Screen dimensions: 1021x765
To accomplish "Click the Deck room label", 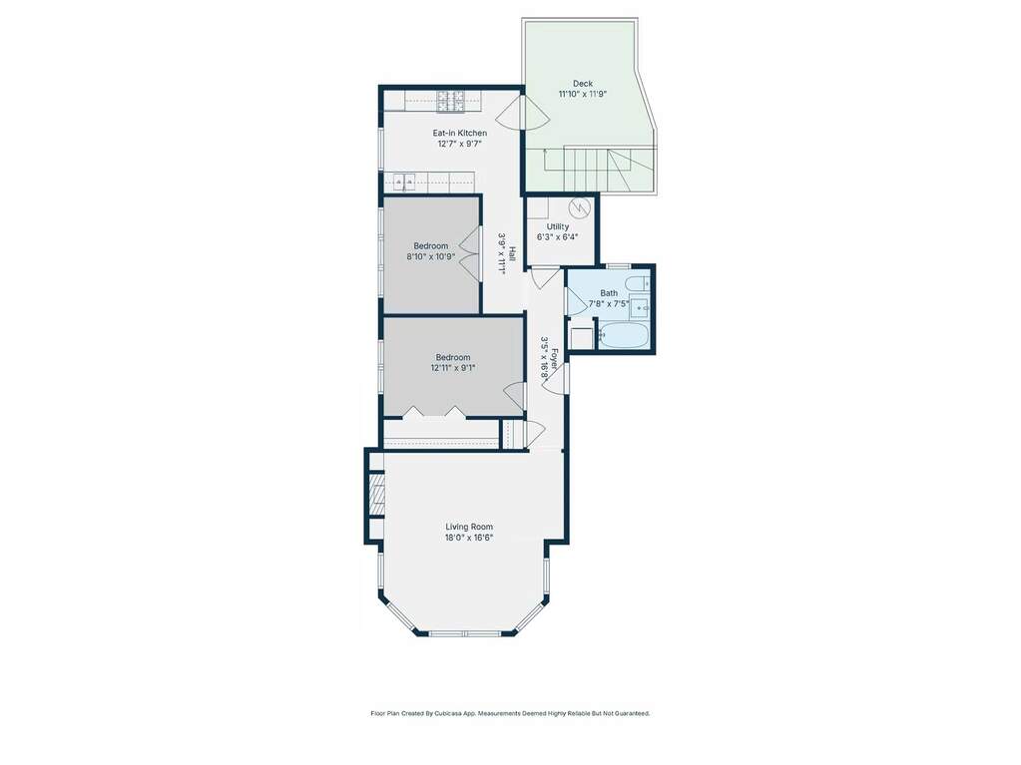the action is coord(583,83).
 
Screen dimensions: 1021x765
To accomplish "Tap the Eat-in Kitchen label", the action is coord(460,133).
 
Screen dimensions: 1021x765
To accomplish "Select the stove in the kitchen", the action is coord(450,101).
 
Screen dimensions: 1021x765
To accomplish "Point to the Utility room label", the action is coord(558,226).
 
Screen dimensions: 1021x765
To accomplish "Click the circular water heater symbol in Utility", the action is coord(578,208).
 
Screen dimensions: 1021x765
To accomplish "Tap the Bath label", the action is coord(609,293).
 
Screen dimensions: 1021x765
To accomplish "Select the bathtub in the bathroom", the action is coord(623,335).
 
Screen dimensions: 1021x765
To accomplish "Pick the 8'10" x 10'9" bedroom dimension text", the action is coord(431,256).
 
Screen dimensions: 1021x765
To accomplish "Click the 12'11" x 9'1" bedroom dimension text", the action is coord(453,367).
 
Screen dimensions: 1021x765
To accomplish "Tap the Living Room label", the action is coord(469,527).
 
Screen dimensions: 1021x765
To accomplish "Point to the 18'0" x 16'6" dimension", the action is coord(469,538).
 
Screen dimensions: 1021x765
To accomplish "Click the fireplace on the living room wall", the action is coord(376,496).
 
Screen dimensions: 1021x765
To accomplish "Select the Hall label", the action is coord(512,252).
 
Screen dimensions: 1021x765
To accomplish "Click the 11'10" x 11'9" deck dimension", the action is coord(583,94).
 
